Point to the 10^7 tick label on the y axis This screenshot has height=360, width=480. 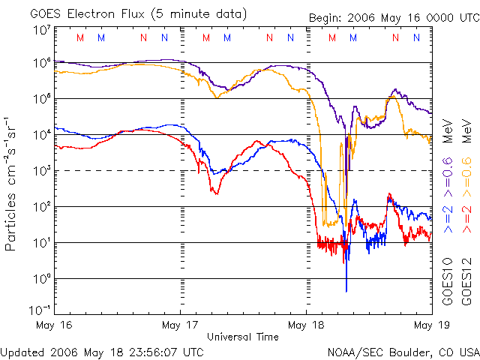tap(41, 31)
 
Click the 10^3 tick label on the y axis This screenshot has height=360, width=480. tap(41, 170)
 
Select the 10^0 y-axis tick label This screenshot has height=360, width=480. tap(41, 278)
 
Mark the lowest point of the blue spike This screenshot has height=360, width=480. tap(346, 291)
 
